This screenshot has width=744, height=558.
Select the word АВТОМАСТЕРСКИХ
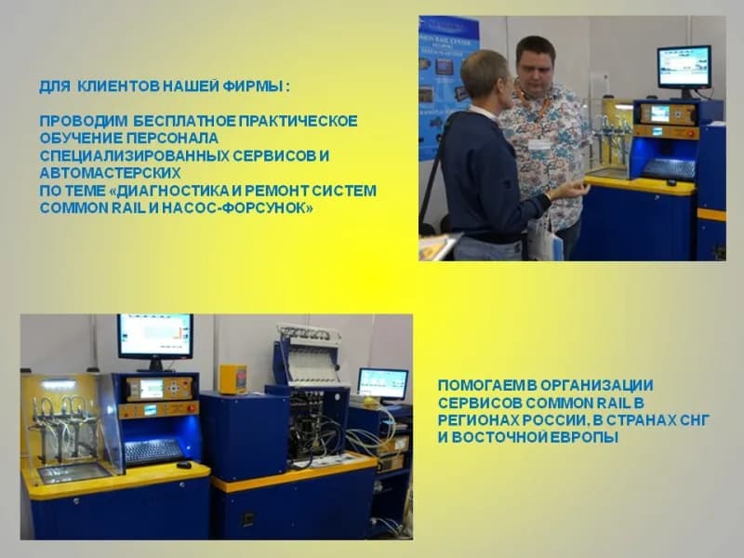coord(110,173)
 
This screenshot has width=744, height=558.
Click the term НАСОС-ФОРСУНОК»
coord(237,207)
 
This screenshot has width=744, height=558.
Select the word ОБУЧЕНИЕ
coord(81,138)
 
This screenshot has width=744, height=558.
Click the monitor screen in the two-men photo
coord(684,67)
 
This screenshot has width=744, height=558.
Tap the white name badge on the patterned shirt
coord(539,144)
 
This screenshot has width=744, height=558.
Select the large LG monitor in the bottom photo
coord(155,337)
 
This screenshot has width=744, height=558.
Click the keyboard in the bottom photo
coord(153,451)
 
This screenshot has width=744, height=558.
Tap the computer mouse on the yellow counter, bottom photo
coord(184,464)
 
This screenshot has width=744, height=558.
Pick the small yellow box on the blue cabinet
coord(232,379)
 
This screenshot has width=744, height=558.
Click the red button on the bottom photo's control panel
coord(192,407)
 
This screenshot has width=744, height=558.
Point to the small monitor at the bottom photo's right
coord(383,383)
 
